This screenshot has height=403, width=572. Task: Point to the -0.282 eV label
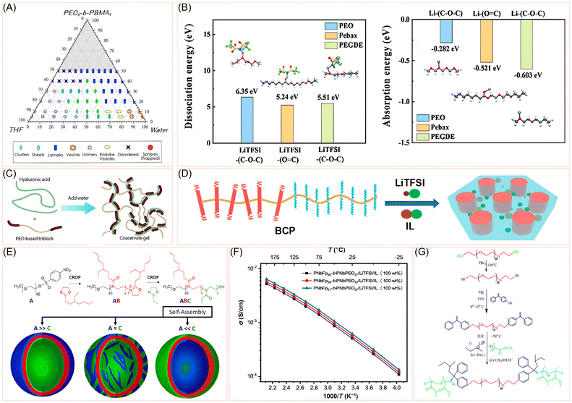pos(446,50)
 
